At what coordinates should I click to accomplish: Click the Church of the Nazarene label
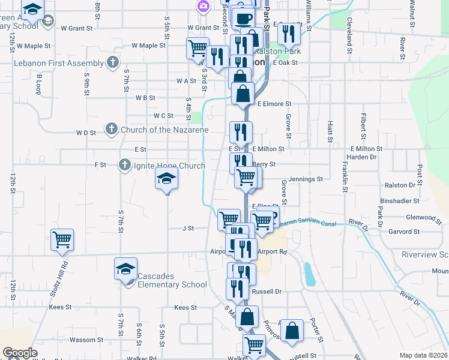(x=164, y=130)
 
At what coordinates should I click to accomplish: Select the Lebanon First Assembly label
(x=52, y=63)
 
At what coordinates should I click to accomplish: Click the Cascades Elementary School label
(x=164, y=280)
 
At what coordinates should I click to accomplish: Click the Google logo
(x=20, y=353)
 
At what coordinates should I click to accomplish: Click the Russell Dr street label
(x=267, y=292)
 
